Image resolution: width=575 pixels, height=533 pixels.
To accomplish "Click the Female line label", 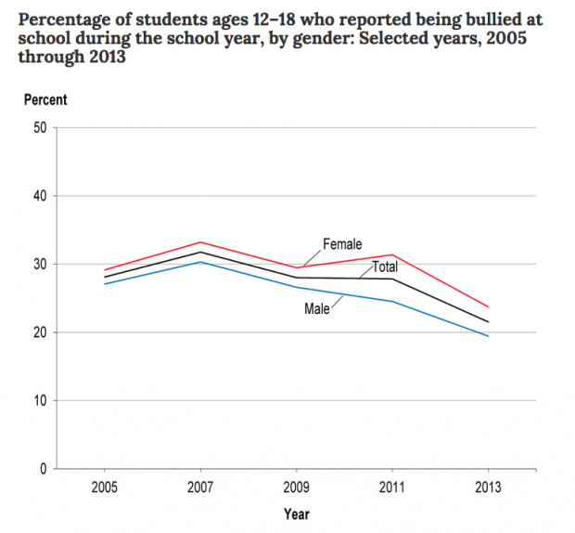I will (x=342, y=244).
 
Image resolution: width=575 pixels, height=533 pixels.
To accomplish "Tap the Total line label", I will (x=385, y=266).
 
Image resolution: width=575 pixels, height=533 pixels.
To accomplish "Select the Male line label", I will (x=317, y=307).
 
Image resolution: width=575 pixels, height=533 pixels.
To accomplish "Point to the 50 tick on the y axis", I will (x=41, y=128).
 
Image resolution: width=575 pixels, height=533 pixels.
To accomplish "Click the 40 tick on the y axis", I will (x=41, y=196).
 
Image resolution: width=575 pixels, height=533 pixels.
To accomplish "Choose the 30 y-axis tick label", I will (x=41, y=265).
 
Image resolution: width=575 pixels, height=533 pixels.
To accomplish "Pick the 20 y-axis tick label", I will (x=41, y=332).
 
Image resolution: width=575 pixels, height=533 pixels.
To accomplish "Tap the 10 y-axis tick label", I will (x=41, y=401).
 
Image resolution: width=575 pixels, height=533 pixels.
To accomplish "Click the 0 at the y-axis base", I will (x=44, y=469).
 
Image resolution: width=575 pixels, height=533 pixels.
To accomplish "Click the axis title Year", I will (x=297, y=513).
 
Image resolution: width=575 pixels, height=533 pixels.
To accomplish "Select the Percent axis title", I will (x=45, y=100).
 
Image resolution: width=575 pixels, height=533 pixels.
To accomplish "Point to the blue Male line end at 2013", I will (x=489, y=336).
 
